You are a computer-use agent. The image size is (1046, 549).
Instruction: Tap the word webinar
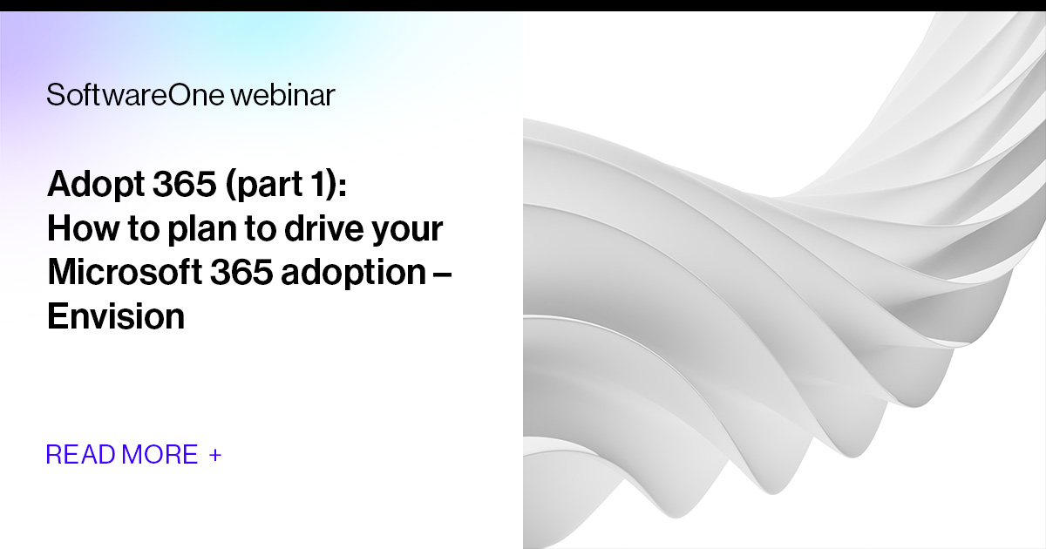[282, 95]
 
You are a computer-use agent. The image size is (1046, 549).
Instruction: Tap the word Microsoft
[123, 272]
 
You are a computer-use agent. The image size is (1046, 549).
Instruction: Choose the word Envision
[115, 315]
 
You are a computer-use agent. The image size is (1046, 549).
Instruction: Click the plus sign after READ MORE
[215, 455]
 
